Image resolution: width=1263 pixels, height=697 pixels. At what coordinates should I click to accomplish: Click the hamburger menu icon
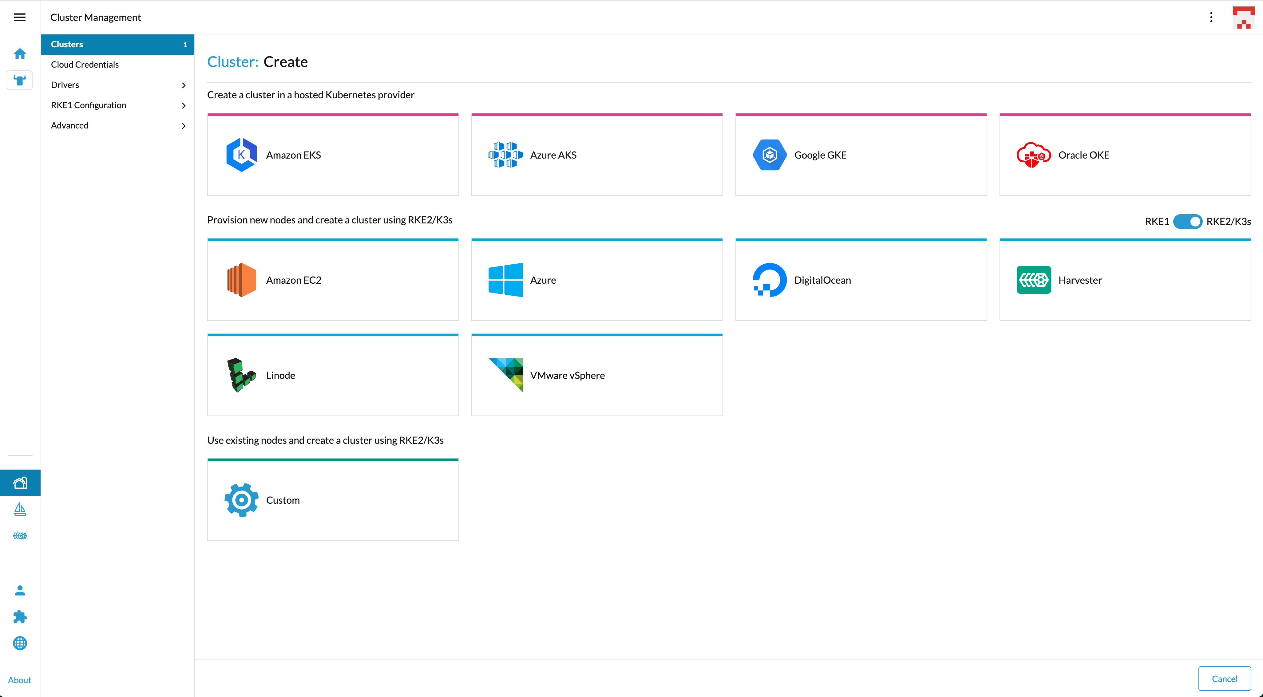click(x=20, y=17)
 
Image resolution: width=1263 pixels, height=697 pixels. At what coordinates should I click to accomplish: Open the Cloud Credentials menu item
click(x=85, y=64)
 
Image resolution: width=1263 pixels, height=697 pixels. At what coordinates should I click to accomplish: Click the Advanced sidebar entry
click(x=69, y=125)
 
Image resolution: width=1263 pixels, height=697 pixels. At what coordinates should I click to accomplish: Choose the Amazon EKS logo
click(x=241, y=155)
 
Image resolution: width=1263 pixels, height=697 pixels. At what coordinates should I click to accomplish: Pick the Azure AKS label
click(x=553, y=155)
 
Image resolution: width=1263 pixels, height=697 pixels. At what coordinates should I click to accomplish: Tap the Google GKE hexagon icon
click(x=769, y=155)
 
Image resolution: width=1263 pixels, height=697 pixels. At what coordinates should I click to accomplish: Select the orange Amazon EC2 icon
click(x=241, y=280)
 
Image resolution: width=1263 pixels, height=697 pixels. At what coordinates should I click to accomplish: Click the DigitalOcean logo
click(x=769, y=280)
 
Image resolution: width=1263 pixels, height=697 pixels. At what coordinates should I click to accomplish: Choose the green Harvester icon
click(x=1034, y=280)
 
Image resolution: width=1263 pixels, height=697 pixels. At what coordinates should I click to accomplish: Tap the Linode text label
click(x=280, y=376)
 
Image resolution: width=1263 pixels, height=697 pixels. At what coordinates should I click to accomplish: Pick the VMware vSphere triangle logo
click(x=506, y=375)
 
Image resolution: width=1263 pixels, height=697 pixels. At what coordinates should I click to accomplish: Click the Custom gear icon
click(x=241, y=500)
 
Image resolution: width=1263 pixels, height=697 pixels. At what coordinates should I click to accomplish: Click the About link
click(x=20, y=680)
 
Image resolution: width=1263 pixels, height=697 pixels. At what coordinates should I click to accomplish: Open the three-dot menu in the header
click(x=1211, y=17)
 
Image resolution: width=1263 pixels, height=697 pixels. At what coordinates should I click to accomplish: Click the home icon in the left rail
click(x=20, y=53)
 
